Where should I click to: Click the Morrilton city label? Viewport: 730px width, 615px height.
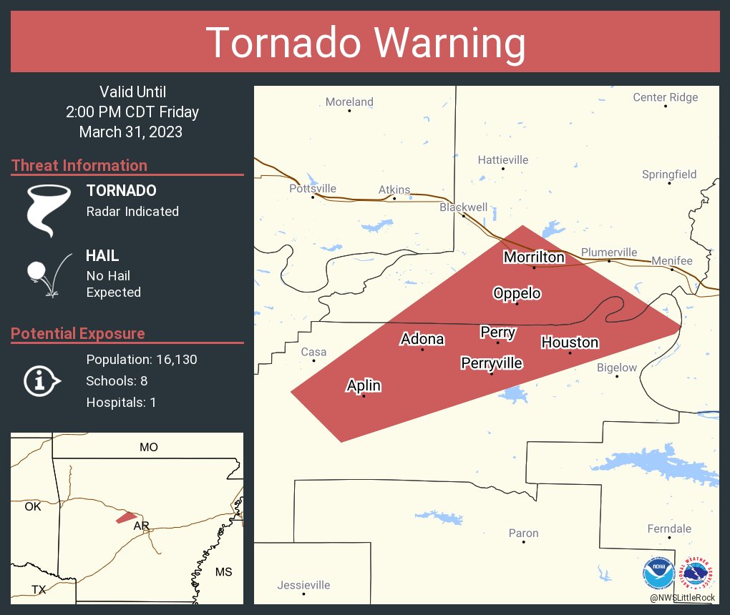click(534, 257)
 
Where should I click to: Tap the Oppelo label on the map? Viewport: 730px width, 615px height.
click(517, 293)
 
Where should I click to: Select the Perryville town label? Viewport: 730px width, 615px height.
click(492, 363)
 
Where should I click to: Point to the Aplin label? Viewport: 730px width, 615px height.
click(364, 385)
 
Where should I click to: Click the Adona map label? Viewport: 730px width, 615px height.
click(422, 339)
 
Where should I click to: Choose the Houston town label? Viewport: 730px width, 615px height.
click(570, 343)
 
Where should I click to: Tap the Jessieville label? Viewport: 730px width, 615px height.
click(303, 585)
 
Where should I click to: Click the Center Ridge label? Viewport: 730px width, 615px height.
click(665, 97)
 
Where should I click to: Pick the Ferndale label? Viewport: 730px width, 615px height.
click(669, 528)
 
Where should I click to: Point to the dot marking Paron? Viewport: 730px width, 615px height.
click(524, 542)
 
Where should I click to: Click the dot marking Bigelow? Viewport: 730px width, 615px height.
click(617, 376)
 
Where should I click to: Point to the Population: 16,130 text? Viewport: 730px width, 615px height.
click(141, 359)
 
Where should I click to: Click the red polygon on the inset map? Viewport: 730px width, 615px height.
click(126, 516)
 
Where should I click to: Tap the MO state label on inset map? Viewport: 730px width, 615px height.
click(149, 448)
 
